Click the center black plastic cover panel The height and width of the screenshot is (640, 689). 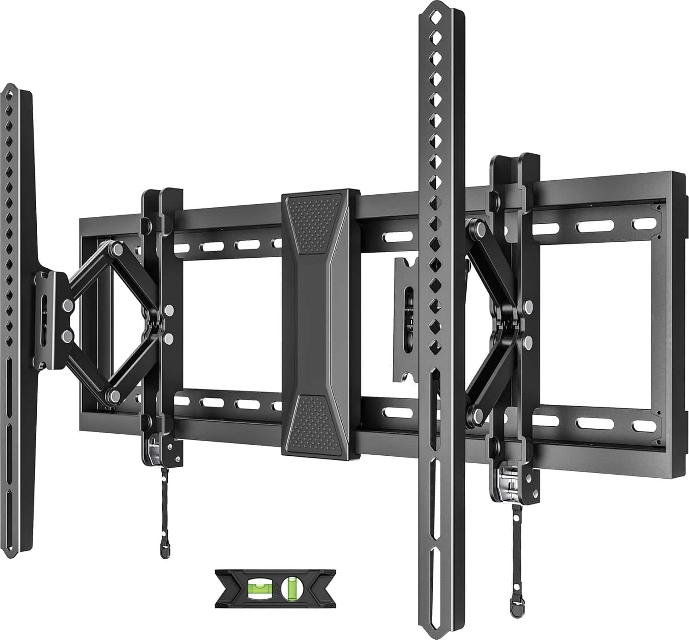320,322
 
